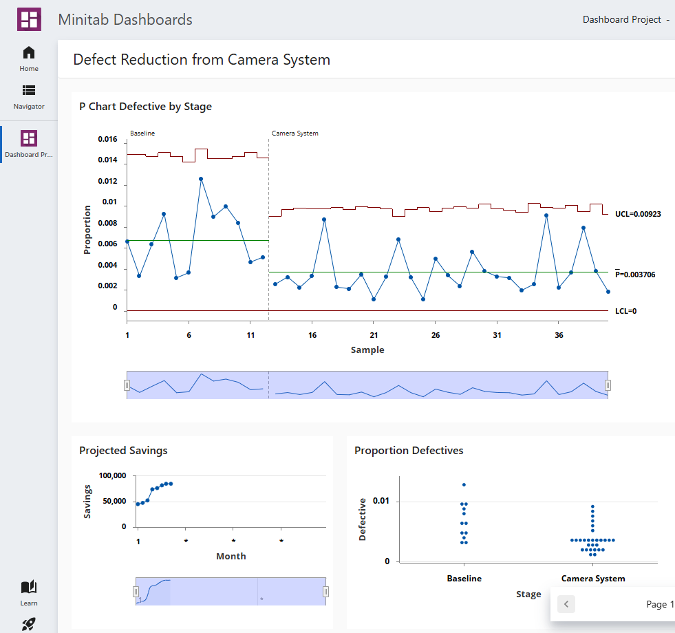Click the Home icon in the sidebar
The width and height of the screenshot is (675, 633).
point(29,53)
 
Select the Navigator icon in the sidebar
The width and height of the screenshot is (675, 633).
point(29,90)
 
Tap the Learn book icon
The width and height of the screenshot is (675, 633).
point(29,587)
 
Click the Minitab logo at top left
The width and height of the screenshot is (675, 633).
point(29,19)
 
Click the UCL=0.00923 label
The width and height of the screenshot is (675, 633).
point(638,214)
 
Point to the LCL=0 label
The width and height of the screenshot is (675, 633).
point(625,311)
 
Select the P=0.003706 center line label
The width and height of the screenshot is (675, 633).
point(635,275)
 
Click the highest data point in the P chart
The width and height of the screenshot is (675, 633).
point(201,179)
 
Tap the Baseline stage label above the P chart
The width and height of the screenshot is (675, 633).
point(142,133)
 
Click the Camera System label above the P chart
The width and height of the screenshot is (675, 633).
point(294,133)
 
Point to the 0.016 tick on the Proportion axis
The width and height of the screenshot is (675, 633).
point(107,139)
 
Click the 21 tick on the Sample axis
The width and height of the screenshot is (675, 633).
point(373,335)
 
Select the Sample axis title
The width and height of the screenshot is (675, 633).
point(367,350)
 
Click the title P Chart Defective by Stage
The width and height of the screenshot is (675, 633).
point(145,107)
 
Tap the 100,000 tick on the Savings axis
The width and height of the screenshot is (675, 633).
point(112,475)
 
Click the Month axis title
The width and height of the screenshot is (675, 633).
point(231,556)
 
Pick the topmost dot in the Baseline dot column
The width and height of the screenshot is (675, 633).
point(464,485)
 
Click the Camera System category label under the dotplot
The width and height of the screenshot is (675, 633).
point(593,579)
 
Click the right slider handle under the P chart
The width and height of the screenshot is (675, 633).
point(608,385)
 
